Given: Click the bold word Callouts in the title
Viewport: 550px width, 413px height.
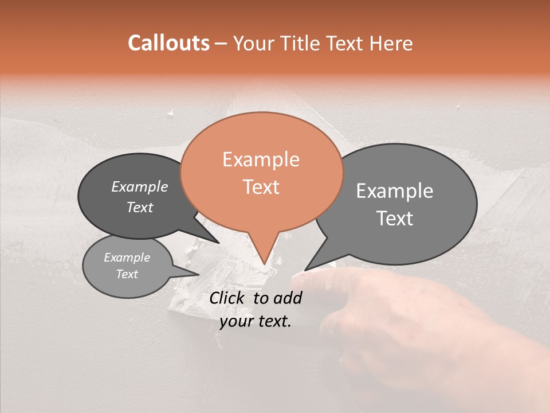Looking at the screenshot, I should [x=168, y=43].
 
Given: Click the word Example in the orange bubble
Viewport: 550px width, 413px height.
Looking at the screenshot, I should [x=261, y=159].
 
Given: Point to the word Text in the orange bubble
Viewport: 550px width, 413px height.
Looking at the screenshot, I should [x=261, y=187].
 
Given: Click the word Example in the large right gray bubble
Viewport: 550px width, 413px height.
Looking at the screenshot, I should [x=395, y=191].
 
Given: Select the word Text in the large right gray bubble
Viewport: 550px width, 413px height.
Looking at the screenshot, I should [x=395, y=219].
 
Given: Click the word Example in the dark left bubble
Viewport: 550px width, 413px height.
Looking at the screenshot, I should [x=139, y=186].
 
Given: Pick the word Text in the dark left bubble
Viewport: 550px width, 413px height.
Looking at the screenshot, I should [x=139, y=207].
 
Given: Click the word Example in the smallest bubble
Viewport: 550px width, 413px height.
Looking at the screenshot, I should [x=127, y=258].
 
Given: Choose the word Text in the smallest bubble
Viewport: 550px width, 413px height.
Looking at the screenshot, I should [x=127, y=274].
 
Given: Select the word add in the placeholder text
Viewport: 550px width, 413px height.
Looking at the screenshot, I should [x=288, y=298].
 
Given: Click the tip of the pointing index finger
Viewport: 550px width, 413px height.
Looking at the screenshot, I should [x=297, y=278].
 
